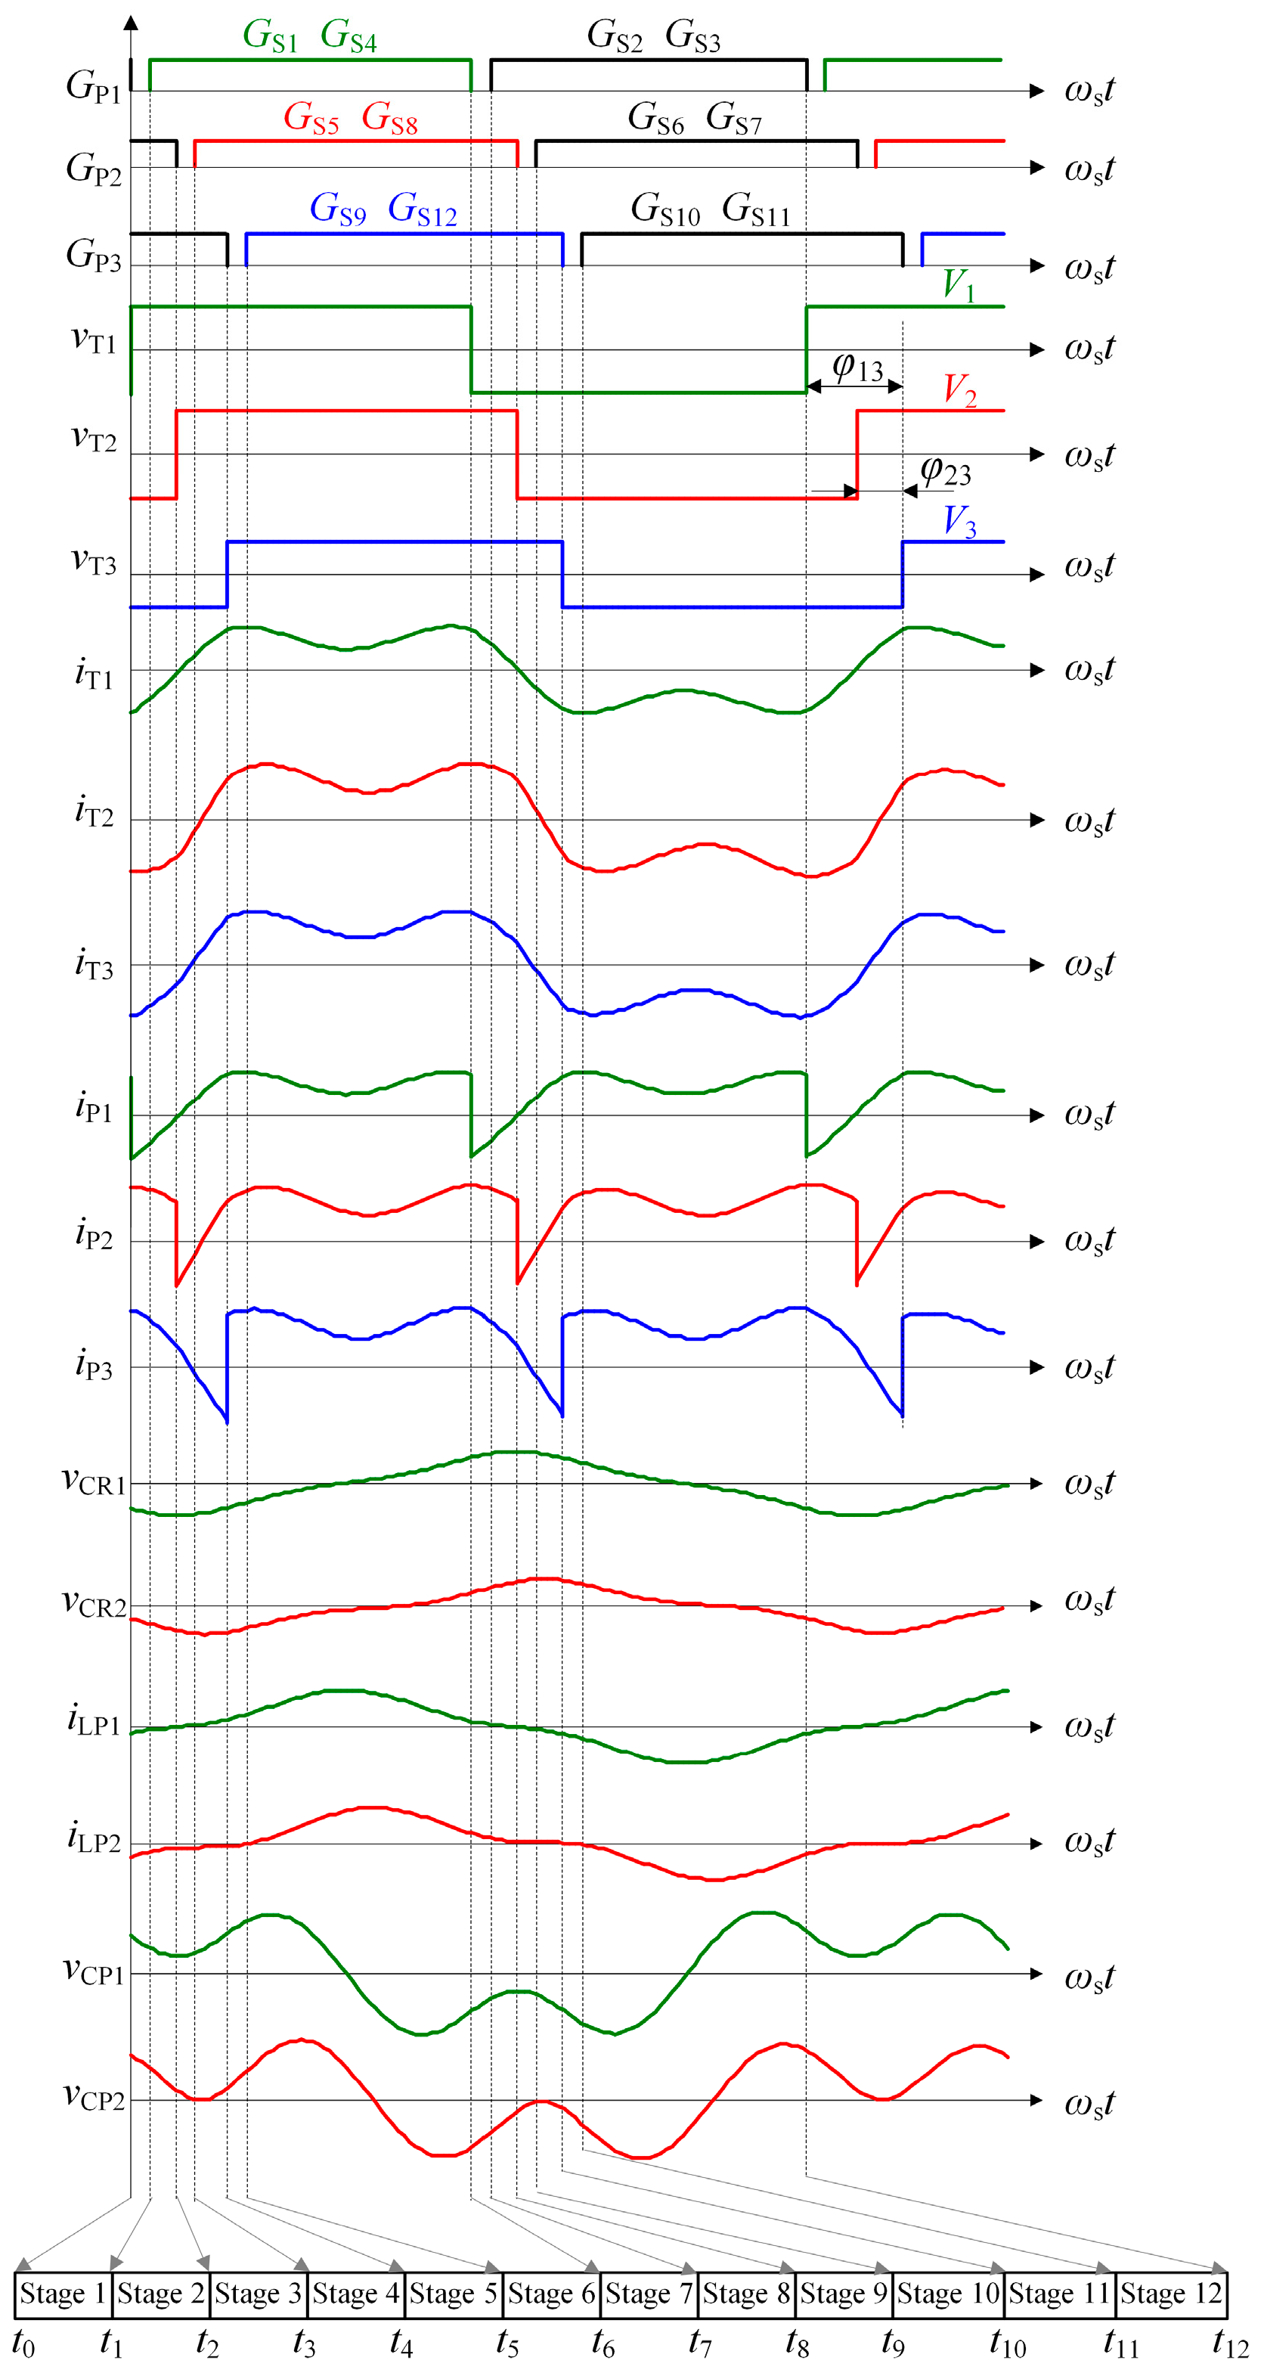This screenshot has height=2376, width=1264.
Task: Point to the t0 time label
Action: coord(23,2343)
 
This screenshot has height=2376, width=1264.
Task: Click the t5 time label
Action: coord(507,2343)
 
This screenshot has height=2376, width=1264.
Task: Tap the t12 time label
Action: coord(1230,2343)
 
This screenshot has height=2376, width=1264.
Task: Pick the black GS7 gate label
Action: coord(734,119)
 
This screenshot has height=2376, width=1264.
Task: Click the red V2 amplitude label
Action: coord(959,390)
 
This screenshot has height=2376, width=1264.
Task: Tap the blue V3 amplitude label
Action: coord(959,522)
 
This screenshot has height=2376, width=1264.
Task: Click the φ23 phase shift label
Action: coord(946,472)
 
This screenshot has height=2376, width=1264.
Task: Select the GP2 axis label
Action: coord(94,169)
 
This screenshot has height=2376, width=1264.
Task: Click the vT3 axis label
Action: coord(94,561)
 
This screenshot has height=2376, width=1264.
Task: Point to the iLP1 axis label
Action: coord(94,1720)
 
